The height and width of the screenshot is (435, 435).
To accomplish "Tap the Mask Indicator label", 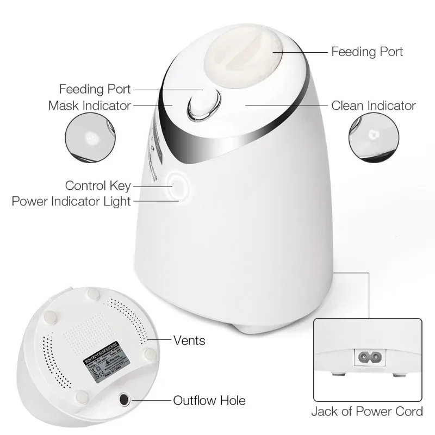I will [x=90, y=105].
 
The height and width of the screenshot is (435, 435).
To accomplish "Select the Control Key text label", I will [x=98, y=187].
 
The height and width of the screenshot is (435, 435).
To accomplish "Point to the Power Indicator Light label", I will [x=71, y=202].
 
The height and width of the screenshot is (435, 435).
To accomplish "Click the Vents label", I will [x=189, y=341].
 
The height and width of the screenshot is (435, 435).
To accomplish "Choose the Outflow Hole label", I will [x=209, y=401].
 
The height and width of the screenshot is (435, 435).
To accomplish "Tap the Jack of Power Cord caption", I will [x=367, y=411].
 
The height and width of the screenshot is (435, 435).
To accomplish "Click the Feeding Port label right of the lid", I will [x=368, y=52].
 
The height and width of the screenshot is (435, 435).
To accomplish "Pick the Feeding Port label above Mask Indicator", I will [x=95, y=89].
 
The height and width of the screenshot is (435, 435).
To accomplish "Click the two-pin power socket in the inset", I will [x=368, y=358].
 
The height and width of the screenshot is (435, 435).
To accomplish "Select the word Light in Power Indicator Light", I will [x=119, y=202].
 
